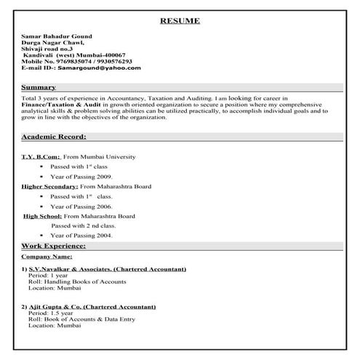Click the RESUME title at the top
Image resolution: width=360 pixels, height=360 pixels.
[x=180, y=20]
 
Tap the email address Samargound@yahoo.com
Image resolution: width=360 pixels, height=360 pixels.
[x=99, y=68]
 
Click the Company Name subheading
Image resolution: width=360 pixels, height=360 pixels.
[x=47, y=257]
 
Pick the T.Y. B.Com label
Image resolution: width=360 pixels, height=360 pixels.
[x=40, y=156]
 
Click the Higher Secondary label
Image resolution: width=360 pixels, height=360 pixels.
[x=49, y=187]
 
